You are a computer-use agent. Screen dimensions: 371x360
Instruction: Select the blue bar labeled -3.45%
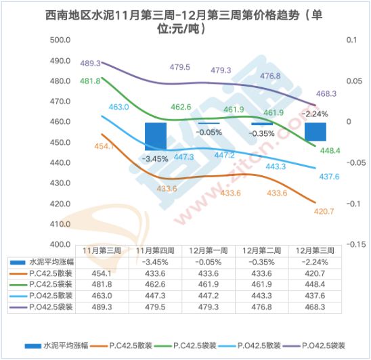[156, 137]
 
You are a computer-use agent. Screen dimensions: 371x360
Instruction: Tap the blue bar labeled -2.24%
[315, 132]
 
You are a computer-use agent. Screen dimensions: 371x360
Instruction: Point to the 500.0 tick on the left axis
[60, 40]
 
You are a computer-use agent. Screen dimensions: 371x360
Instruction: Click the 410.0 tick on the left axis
[60, 224]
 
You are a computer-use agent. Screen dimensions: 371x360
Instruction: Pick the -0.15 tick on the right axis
[356, 244]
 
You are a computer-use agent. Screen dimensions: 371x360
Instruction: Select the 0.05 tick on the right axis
[354, 81]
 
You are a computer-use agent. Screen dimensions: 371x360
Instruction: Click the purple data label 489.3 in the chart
[91, 64]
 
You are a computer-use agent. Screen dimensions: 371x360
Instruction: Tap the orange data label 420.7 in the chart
[324, 211]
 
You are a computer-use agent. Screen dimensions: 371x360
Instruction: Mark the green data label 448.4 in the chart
[330, 150]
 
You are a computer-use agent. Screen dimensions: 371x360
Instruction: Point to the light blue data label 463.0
[118, 107]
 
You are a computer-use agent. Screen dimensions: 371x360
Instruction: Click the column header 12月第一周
[209, 251]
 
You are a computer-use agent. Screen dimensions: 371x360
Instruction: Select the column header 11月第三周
[102, 251]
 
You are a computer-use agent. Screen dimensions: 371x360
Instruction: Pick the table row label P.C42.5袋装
[51, 284]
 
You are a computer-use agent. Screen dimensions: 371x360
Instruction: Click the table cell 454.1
[102, 273]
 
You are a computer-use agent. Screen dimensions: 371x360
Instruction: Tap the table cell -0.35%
[262, 262]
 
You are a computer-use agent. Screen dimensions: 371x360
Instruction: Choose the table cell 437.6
[315, 296]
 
